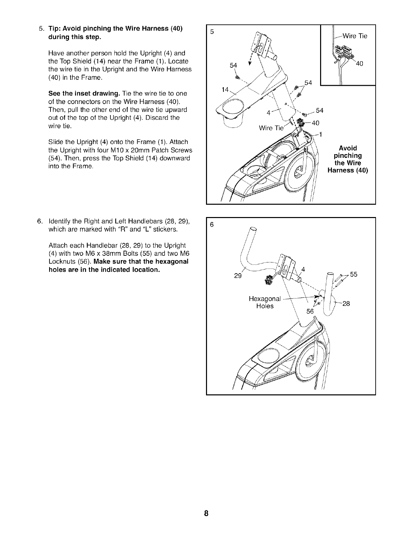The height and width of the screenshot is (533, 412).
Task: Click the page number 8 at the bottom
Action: [206, 513]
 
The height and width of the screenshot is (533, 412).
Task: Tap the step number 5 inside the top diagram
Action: [212, 32]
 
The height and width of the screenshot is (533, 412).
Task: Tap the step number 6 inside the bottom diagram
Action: [212, 225]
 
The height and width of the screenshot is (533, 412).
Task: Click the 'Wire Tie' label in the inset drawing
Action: [354, 36]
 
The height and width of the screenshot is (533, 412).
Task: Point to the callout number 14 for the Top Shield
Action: [225, 90]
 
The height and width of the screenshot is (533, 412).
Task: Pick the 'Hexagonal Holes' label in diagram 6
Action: [265, 302]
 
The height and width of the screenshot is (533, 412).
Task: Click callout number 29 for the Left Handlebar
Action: [238, 276]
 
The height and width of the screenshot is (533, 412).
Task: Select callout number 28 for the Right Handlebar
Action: [346, 304]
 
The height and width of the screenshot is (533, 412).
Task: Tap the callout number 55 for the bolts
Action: [353, 274]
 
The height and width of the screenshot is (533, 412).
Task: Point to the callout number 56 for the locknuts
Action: [310, 312]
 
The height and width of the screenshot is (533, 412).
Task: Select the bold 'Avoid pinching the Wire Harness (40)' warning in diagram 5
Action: [348, 159]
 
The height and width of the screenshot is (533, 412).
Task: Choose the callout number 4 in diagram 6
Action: [303, 269]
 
